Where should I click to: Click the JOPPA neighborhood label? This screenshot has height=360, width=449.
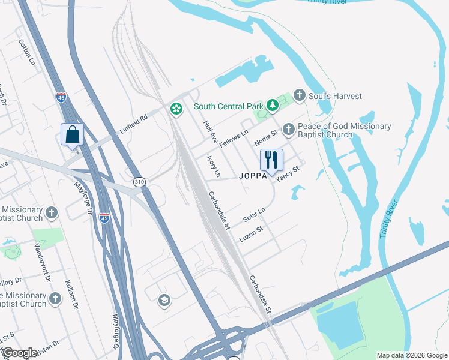(x=253, y=176)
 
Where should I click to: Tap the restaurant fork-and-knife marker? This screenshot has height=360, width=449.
(x=271, y=160)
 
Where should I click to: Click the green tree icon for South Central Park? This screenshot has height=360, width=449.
(x=273, y=106)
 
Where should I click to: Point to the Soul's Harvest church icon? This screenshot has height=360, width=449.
(x=300, y=96)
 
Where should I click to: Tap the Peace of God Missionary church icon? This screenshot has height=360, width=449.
(x=289, y=128)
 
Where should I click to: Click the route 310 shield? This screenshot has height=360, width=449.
(x=140, y=182)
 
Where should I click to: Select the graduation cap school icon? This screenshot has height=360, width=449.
(x=164, y=300)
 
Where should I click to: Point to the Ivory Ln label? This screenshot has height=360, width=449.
(x=214, y=167)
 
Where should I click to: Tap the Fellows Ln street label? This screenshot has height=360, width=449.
(x=234, y=139)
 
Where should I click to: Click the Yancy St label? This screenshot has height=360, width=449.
(x=287, y=175)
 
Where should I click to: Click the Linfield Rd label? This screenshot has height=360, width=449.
(x=133, y=125)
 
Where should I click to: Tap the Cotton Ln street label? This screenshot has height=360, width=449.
(x=28, y=53)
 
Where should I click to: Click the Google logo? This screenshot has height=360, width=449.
(x=20, y=353)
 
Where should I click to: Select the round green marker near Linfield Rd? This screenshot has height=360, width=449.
(x=176, y=109)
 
